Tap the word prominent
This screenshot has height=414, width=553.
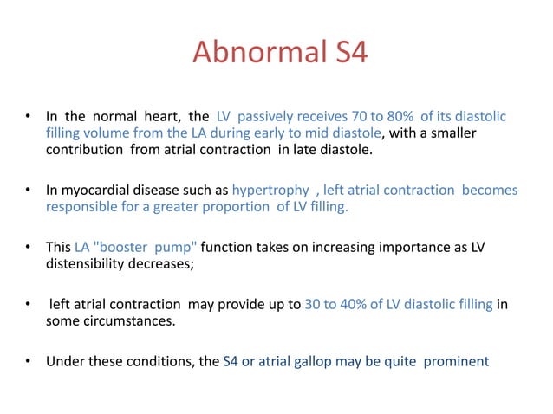point(456,363)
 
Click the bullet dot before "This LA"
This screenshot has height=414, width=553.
point(29,248)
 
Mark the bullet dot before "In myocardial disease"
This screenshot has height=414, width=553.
point(29,190)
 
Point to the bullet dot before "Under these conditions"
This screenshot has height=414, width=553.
point(29,363)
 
